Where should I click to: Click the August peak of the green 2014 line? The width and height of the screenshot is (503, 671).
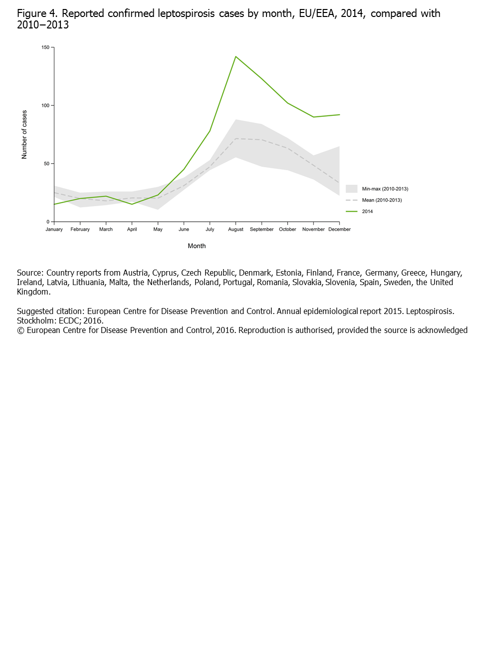click(236, 56)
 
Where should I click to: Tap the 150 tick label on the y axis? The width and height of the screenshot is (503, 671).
click(45, 47)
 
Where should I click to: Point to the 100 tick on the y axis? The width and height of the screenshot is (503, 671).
click(45, 105)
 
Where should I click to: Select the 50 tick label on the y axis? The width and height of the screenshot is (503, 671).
click(46, 164)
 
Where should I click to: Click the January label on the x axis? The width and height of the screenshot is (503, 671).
click(54, 230)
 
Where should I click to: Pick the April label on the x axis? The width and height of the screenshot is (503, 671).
click(132, 230)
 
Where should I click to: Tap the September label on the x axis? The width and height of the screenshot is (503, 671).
click(261, 230)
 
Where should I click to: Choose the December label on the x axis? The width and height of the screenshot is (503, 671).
click(339, 230)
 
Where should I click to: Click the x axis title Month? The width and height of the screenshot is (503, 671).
click(197, 246)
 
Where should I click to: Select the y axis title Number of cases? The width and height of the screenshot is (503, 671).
click(24, 135)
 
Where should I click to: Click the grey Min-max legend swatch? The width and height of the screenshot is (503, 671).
click(351, 189)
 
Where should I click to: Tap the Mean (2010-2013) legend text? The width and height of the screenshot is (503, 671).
click(382, 200)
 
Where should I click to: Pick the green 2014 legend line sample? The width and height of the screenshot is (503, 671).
click(351, 212)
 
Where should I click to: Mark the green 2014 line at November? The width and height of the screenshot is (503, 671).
click(313, 117)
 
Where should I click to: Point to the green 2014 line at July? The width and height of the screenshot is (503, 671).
click(210, 131)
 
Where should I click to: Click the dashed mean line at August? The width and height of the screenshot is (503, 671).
click(236, 138)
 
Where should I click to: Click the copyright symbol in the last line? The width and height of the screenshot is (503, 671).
click(20, 330)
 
